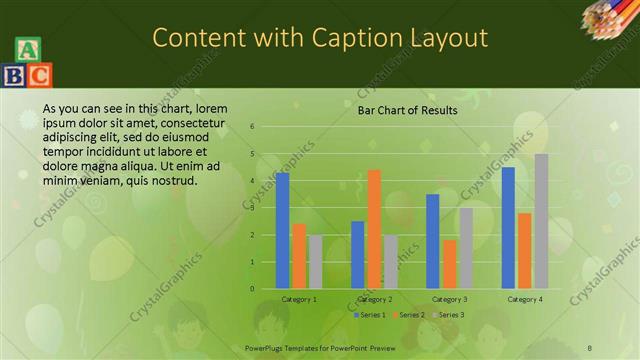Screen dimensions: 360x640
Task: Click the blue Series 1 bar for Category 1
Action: click(x=282, y=230)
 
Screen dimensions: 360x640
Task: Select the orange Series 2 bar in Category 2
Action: click(x=374, y=229)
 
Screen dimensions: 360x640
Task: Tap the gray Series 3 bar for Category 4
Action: click(x=541, y=221)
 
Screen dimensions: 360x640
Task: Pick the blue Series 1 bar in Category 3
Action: click(x=433, y=241)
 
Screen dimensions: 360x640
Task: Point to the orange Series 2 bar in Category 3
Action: click(x=450, y=264)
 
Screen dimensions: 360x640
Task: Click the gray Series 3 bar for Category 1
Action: click(x=316, y=261)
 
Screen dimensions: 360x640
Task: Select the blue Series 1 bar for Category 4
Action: click(x=508, y=227)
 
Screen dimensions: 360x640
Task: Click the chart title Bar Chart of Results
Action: click(x=407, y=110)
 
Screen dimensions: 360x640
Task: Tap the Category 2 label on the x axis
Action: click(x=374, y=299)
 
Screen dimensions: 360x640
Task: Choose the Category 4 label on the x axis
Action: click(x=525, y=299)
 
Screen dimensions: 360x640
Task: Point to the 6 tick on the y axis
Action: click(x=253, y=127)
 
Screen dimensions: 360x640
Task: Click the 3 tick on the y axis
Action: click(x=253, y=208)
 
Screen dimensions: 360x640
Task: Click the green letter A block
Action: click(x=28, y=50)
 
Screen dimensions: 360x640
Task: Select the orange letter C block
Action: click(x=39, y=74)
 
